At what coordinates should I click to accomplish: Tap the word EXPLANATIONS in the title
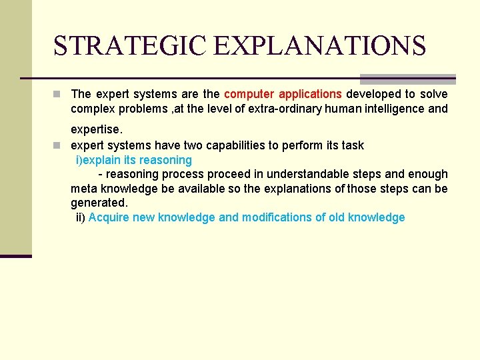tap(320, 45)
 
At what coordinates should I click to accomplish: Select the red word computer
tap(249, 94)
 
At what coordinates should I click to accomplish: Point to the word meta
tap(84, 189)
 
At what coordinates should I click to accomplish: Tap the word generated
tap(99, 203)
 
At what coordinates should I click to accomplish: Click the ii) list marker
tap(81, 217)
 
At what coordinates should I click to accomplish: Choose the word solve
tap(433, 94)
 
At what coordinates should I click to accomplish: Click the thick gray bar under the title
tap(407, 79)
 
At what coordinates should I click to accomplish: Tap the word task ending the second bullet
tap(352, 145)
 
